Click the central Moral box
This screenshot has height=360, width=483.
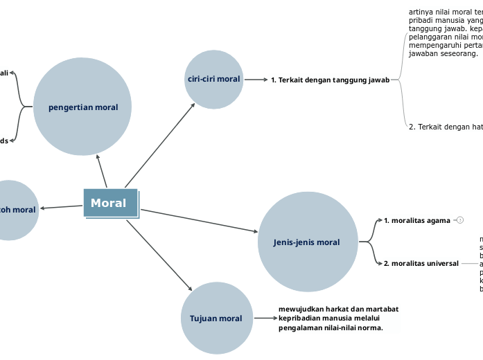pyautogui.click(x=111, y=203)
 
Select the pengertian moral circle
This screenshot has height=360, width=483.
pyautogui.click(x=82, y=107)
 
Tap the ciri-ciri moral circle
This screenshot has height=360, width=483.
pyautogui.click(x=213, y=79)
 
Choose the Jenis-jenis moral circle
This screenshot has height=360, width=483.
pyautogui.click(x=307, y=242)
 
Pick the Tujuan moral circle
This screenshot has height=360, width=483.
pyautogui.click(x=216, y=318)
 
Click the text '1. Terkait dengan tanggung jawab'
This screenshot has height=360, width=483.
pyautogui.click(x=330, y=80)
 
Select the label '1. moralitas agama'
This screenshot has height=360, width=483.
pyautogui.click(x=417, y=220)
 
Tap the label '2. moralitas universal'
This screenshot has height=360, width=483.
pyautogui.click(x=421, y=263)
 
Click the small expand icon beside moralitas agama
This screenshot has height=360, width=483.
pyautogui.click(x=460, y=220)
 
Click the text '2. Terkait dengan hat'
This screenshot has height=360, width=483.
pyautogui.click(x=446, y=127)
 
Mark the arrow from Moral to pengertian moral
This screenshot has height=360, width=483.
pyautogui.click(x=102, y=170)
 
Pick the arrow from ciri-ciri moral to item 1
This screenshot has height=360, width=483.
pyautogui.click(x=256, y=80)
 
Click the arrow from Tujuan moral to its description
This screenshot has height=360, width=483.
pyautogui.click(x=265, y=318)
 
